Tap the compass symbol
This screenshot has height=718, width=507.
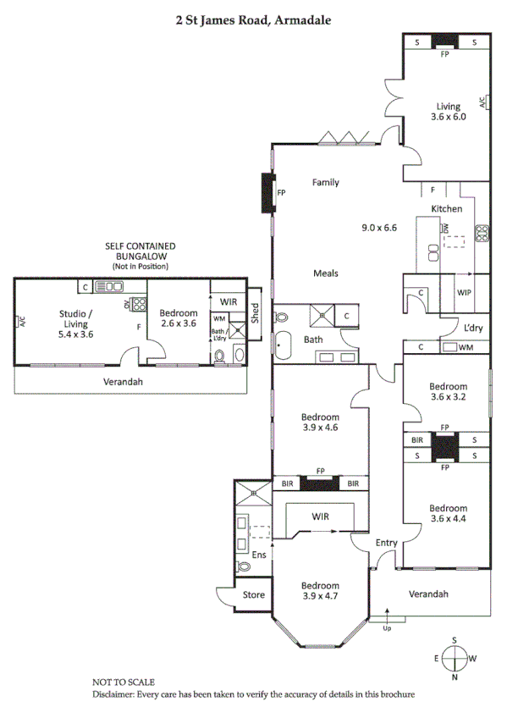[x=455, y=658]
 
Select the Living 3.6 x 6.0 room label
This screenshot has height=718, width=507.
[x=448, y=112]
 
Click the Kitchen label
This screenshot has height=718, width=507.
[x=447, y=208]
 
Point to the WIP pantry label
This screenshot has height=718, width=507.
[x=464, y=292]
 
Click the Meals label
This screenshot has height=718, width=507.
[x=326, y=273]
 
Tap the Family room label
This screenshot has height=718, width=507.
[x=325, y=182]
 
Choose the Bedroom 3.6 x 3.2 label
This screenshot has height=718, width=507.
[x=448, y=390]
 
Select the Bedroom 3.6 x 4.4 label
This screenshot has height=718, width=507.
[x=448, y=514]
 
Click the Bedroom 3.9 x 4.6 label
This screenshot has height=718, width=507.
[x=322, y=423]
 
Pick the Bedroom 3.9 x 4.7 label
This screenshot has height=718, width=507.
[x=322, y=591]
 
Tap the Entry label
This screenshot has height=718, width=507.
[x=386, y=543]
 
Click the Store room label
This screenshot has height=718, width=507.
[x=254, y=595]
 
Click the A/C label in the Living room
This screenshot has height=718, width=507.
[x=482, y=102]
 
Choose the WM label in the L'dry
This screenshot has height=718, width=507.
[x=465, y=347]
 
